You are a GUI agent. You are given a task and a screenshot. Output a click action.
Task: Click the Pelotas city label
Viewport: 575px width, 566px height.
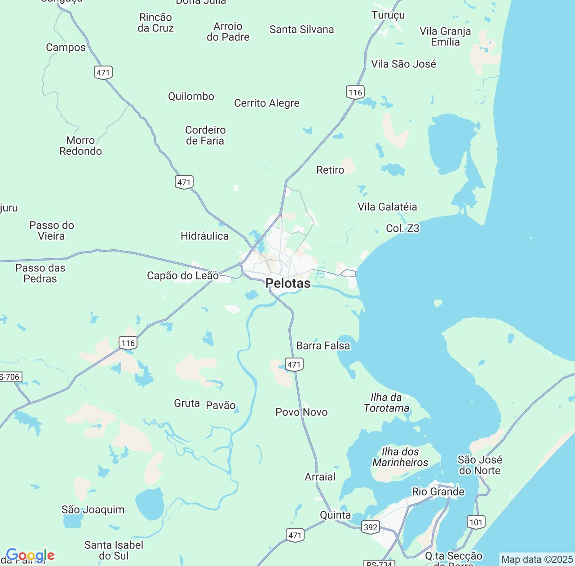(287, 283)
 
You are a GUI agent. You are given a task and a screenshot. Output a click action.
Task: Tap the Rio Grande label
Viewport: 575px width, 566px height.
(438, 491)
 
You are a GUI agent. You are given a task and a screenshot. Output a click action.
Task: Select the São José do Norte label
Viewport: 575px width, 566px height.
(479, 465)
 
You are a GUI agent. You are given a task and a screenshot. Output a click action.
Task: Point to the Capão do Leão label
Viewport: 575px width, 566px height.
(183, 275)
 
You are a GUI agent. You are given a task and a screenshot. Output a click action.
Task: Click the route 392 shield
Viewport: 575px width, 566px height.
(371, 527)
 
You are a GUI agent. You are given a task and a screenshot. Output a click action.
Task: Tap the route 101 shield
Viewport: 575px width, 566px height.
(476, 522)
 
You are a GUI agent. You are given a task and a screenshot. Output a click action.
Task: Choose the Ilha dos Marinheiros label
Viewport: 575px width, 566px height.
(400, 457)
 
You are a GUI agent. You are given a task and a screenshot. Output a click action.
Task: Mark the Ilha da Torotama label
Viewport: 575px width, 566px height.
(386, 402)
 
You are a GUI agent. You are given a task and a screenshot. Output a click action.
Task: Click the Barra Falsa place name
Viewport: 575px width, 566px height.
(323, 345)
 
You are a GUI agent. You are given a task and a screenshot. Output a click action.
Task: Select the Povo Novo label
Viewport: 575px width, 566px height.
(301, 412)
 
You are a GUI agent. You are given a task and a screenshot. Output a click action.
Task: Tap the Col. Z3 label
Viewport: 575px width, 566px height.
(402, 229)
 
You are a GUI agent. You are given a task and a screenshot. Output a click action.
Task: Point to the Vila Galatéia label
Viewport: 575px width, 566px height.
(387, 207)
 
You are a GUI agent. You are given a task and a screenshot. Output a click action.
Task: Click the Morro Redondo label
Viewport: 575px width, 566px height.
(81, 146)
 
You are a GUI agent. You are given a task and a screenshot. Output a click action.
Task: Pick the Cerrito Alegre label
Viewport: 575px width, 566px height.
(267, 103)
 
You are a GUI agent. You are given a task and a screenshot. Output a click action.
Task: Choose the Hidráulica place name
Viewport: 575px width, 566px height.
(204, 236)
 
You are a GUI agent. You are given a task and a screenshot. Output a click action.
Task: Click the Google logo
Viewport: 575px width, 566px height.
(30, 556)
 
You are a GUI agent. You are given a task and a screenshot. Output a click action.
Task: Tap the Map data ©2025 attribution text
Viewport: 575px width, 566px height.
(536, 560)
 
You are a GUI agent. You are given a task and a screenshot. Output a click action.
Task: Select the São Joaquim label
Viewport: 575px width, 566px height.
(93, 509)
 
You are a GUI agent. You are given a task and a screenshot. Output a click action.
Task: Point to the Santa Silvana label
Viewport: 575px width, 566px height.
(302, 30)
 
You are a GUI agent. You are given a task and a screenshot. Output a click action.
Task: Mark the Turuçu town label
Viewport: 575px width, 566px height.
(388, 15)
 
